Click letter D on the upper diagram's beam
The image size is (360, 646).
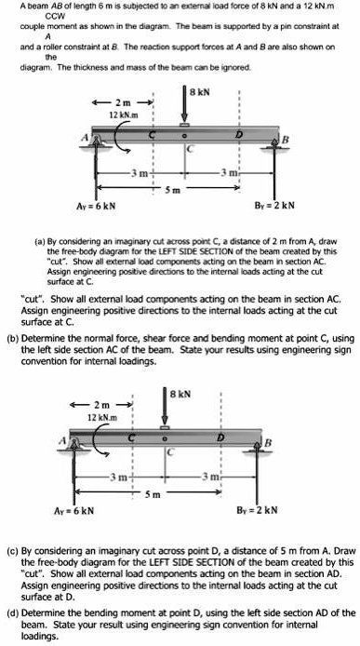[x=217, y=135]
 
